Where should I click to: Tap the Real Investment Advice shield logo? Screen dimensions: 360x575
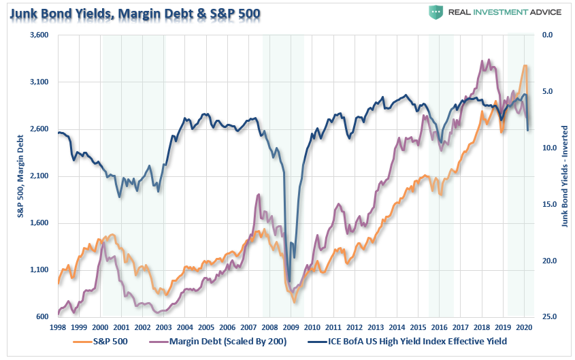(436, 12)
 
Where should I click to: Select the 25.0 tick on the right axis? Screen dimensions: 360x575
(547, 317)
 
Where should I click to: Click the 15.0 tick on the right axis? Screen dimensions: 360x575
(547, 204)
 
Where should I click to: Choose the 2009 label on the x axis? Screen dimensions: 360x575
(291, 327)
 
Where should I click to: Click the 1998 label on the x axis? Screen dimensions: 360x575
(59, 327)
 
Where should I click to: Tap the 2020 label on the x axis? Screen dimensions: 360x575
(523, 327)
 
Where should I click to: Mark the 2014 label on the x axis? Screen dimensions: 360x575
(397, 327)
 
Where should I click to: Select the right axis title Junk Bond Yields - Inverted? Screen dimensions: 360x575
(565, 176)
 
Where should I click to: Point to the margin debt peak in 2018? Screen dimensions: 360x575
(482, 60)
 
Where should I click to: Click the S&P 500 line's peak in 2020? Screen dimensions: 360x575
(525, 65)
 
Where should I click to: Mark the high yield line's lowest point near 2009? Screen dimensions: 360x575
(289, 281)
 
